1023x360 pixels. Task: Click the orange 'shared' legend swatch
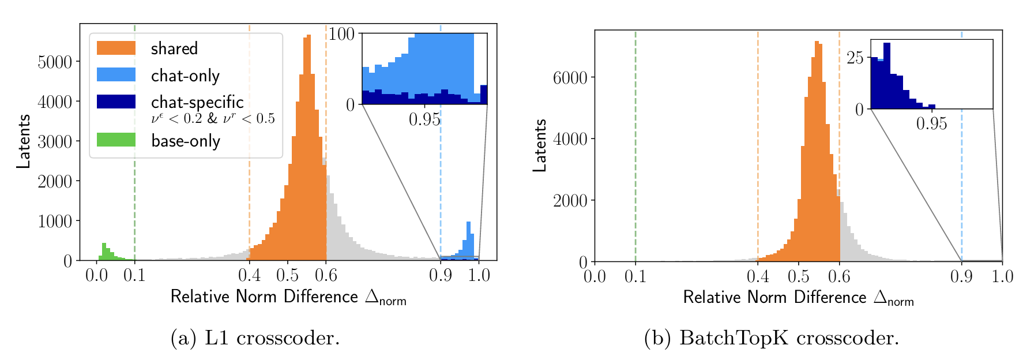click(116, 48)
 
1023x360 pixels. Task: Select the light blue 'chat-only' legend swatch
click(116, 75)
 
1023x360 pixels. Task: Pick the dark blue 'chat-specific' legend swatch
click(116, 102)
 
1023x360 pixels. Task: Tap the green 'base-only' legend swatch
click(116, 140)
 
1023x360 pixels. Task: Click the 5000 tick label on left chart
click(55, 62)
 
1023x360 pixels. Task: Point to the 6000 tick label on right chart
click(570, 78)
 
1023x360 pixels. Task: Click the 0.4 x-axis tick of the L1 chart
click(249, 276)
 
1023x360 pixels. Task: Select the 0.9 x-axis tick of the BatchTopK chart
click(961, 277)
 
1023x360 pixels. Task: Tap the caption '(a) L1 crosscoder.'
click(255, 338)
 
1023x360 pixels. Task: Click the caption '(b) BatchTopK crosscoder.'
click(771, 338)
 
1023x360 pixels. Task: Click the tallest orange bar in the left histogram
click(309, 150)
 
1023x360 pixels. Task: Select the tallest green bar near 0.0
click(104, 252)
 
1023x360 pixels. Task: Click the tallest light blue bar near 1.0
click(468, 241)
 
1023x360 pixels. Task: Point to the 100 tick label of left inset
click(341, 34)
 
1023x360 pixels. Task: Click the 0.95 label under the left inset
click(424, 120)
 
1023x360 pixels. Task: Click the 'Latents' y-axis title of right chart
click(540, 145)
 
